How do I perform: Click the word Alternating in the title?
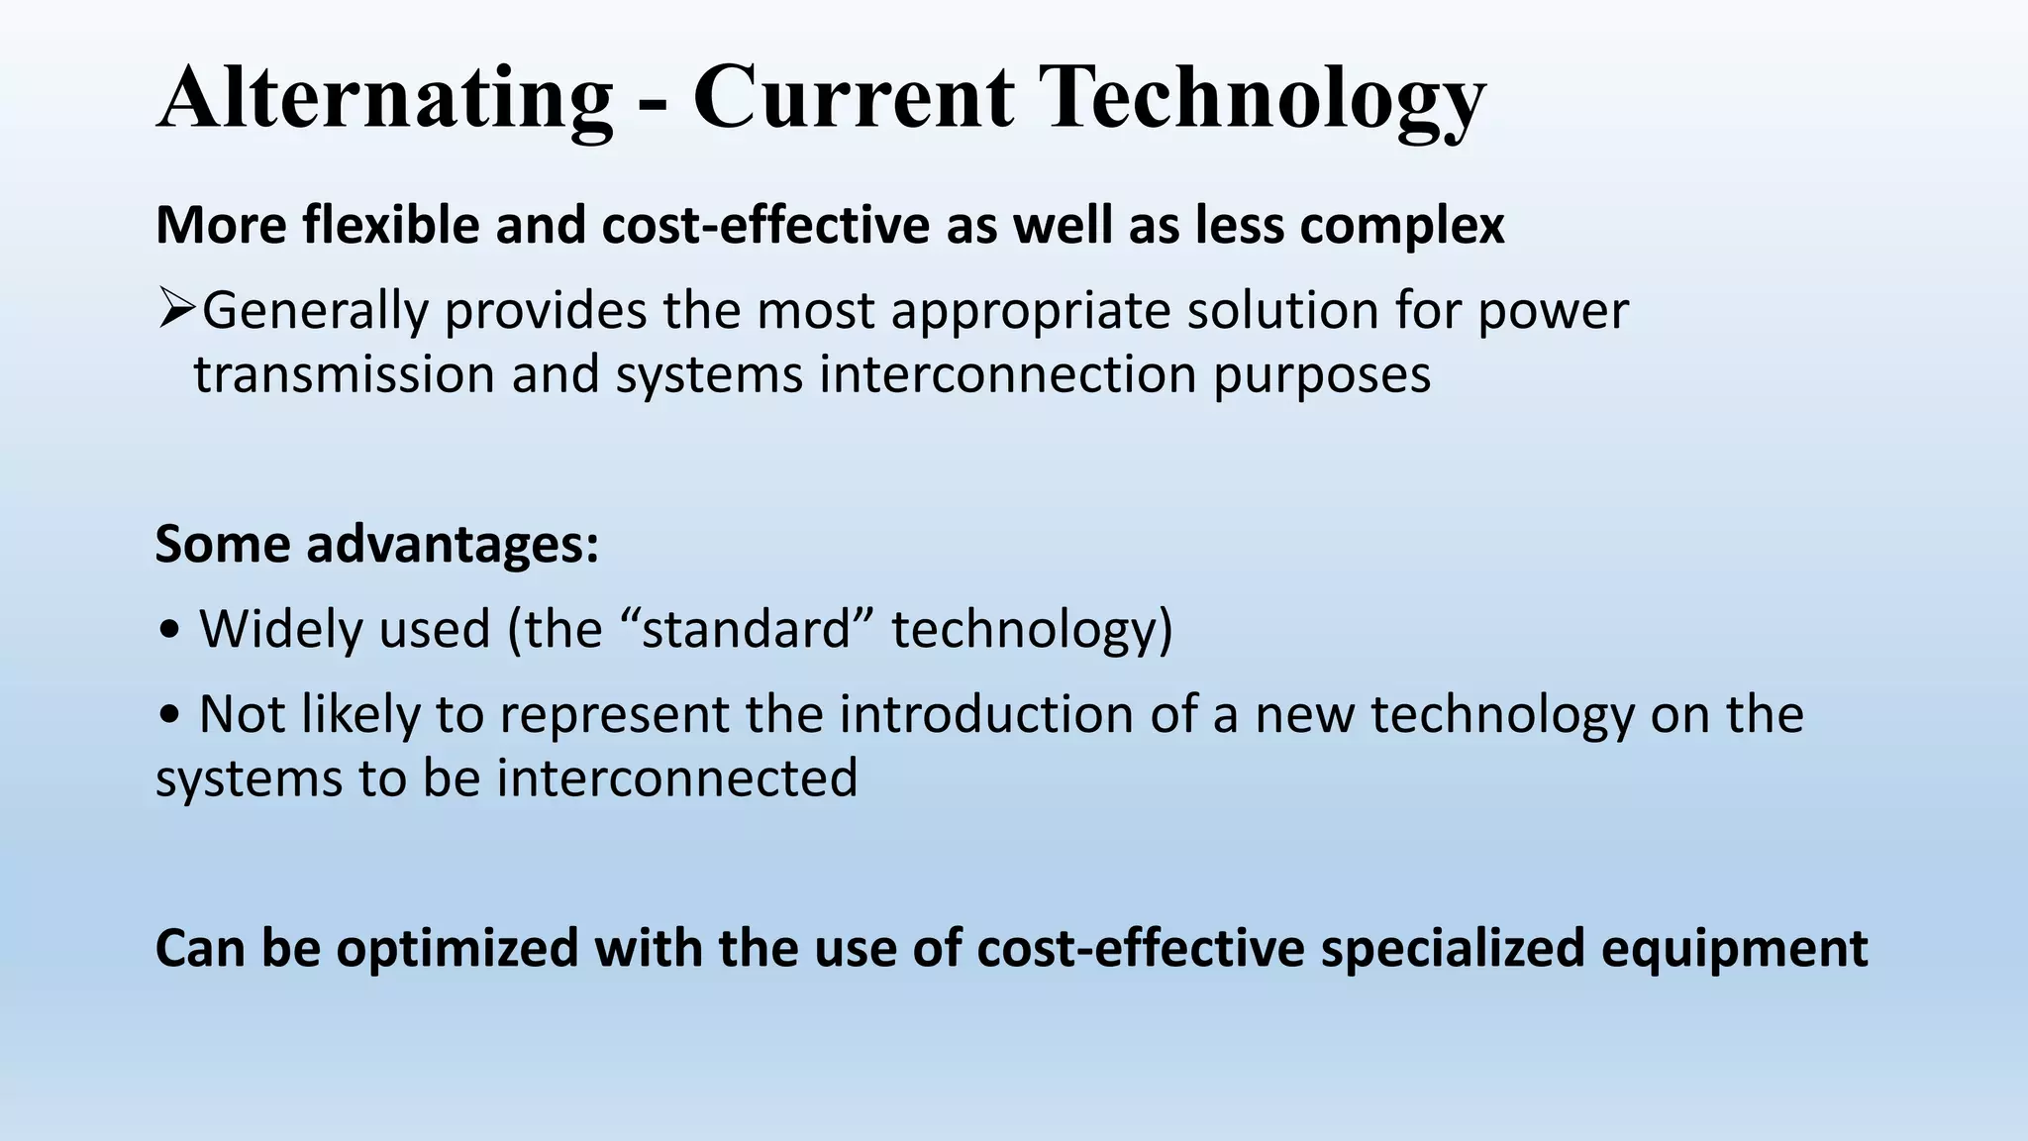pos(384,99)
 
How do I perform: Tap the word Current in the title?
pos(853,99)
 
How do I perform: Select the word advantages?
pos(453,546)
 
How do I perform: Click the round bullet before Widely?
pos(169,631)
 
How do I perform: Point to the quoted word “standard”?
pos(746,629)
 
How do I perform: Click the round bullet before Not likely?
pos(169,716)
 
